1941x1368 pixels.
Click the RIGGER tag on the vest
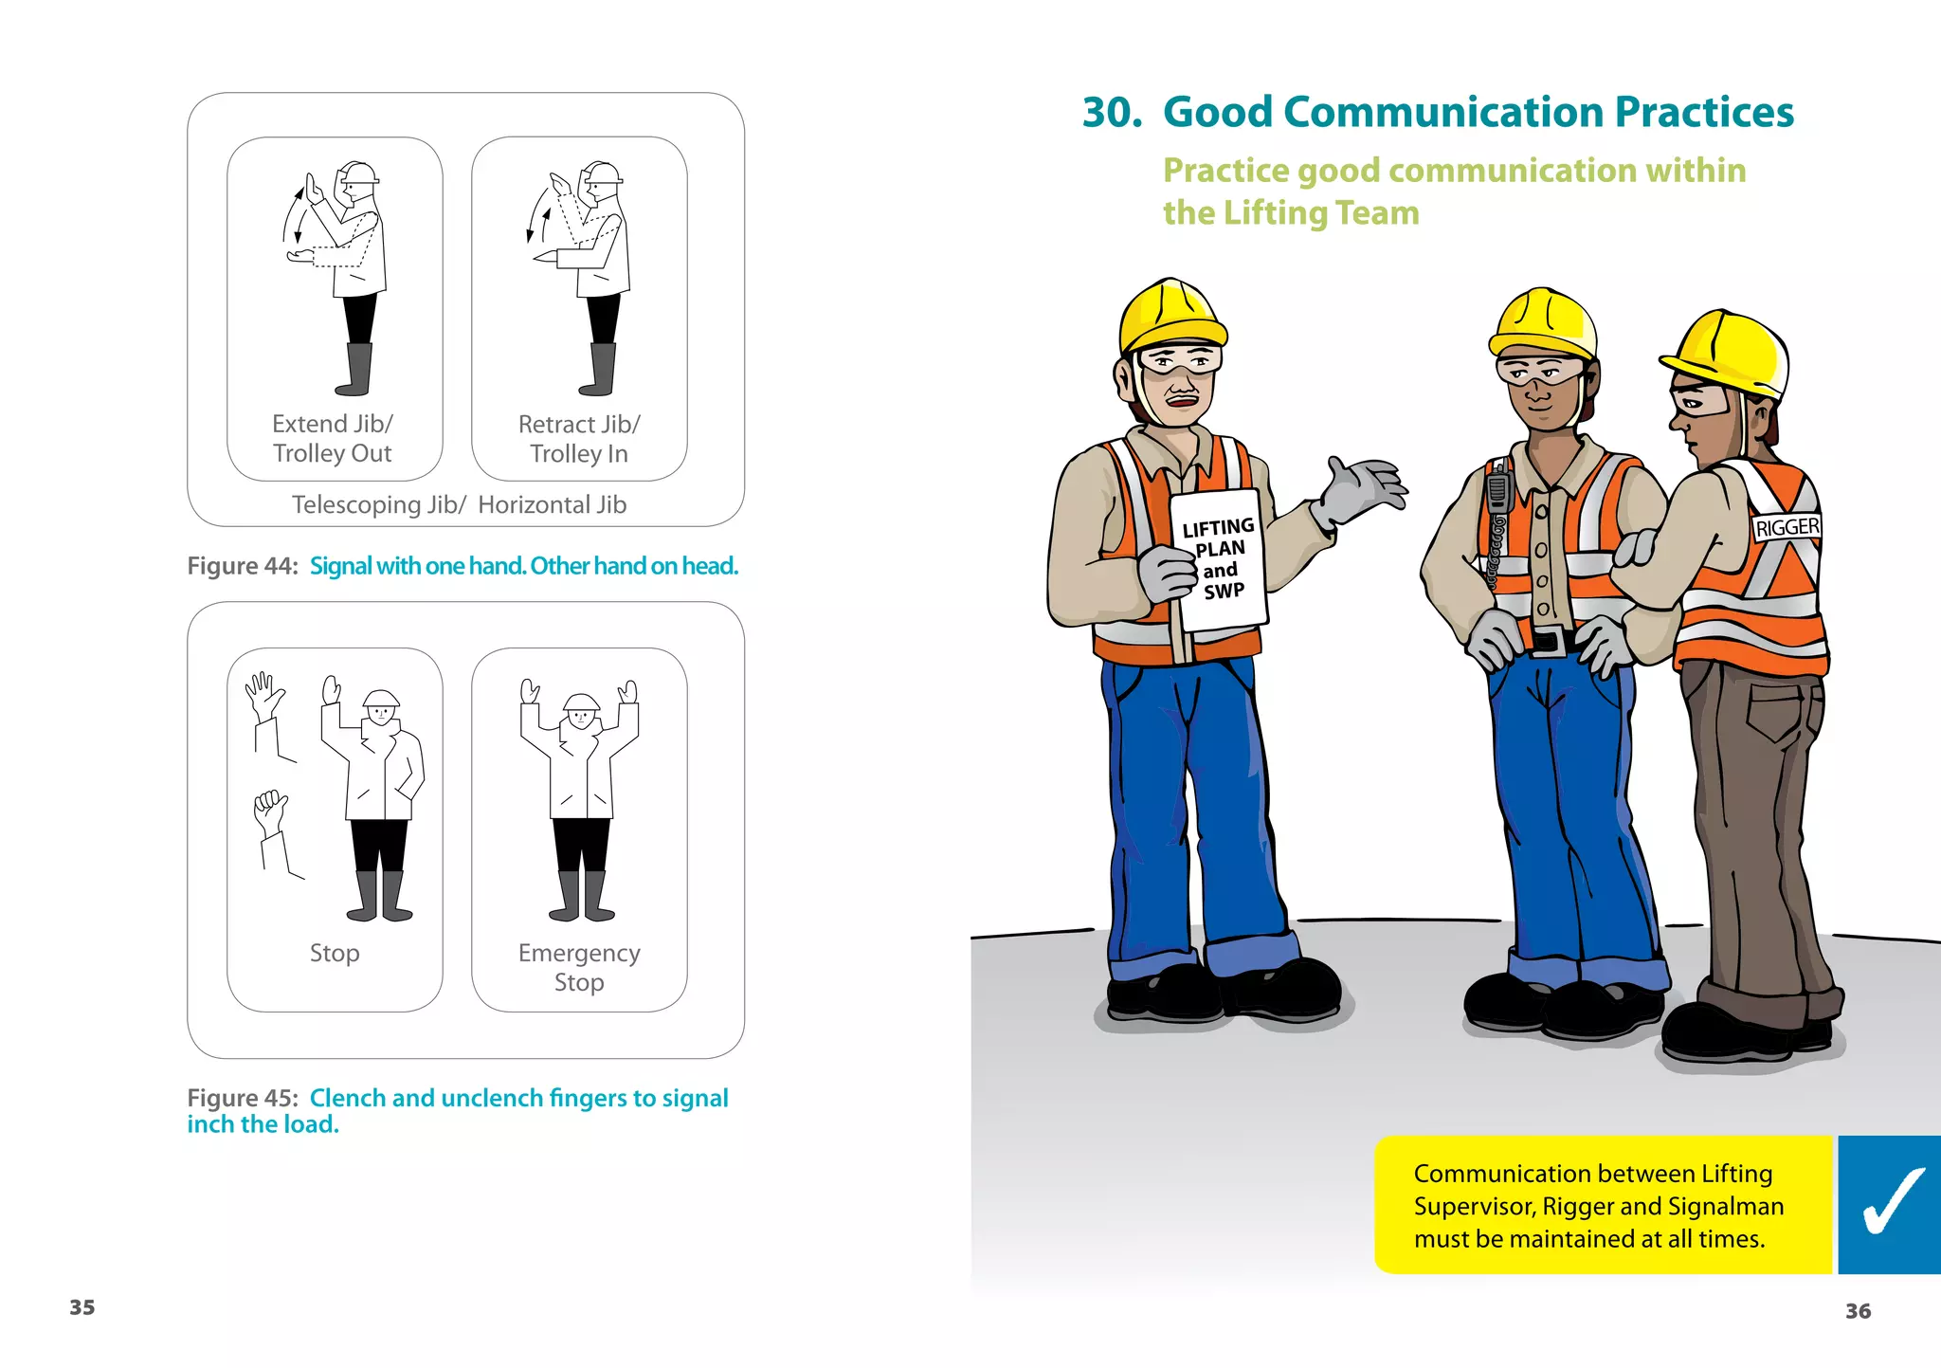[x=1787, y=527]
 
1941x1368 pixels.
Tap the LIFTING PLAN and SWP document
[x=1219, y=559]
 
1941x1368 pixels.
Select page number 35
[x=82, y=1307]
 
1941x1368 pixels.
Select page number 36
[x=1858, y=1311]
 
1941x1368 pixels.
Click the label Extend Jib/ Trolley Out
[x=333, y=438]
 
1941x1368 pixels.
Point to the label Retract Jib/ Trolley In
[x=579, y=439]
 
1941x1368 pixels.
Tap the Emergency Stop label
[x=579, y=967]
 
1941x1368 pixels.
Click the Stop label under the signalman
[x=335, y=953]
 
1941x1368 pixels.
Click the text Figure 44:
[x=243, y=566]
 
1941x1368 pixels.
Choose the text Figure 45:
[x=243, y=1098]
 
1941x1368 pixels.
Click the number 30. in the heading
[x=1112, y=112]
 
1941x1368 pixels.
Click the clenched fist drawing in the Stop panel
[x=270, y=812]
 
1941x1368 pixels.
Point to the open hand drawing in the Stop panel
[x=263, y=695]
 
